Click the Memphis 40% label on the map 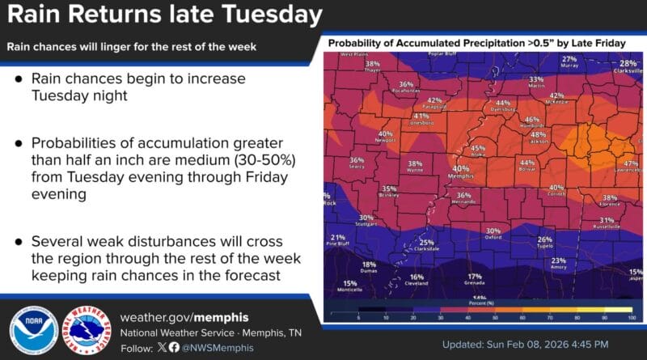tap(459, 172)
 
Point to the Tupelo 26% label tap(545, 243)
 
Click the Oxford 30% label tap(493, 234)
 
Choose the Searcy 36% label tap(357, 163)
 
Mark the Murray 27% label tap(569, 61)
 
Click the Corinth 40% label tap(556, 191)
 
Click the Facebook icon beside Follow tap(174, 347)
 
